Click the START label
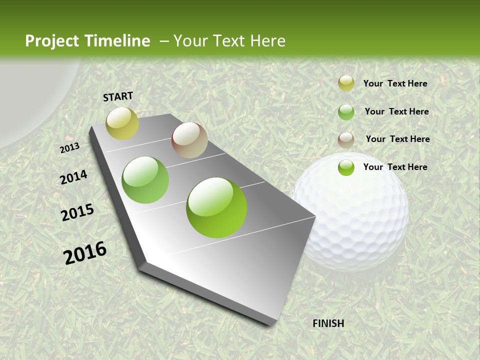118,96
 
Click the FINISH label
328,323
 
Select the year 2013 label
70,147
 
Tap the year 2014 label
74,177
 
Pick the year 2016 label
85,252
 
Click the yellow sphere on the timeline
122,123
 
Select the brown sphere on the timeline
189,140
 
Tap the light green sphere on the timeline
145,180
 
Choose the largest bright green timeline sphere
216,207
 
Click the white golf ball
351,212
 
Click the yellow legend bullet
346,83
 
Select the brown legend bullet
346,139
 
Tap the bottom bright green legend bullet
346,167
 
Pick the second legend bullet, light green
346,112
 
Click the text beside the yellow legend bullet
395,83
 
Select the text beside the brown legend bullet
397,139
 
